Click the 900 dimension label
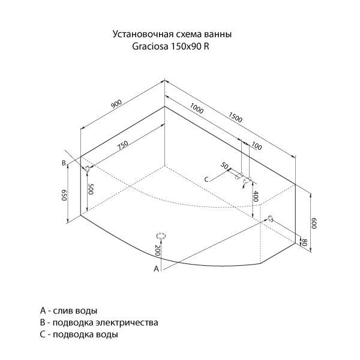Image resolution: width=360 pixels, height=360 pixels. tap(116, 104)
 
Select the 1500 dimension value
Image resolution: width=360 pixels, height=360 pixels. tap(235, 117)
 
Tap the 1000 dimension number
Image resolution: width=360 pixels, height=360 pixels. tap(197, 109)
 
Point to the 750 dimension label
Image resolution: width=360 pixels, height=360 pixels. tap(122, 145)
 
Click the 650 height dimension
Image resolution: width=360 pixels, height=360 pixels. tap(64, 195)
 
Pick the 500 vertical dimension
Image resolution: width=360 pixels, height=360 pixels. tap(91, 189)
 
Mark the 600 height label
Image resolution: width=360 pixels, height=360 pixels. tap(314, 223)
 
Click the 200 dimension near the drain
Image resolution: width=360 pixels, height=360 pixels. tap(157, 250)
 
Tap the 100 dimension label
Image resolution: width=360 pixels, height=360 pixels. tap(256, 146)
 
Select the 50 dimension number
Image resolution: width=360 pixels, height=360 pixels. tap(225, 166)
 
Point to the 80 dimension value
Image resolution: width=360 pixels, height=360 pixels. tap(304, 242)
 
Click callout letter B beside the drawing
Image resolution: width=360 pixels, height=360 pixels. tap(64, 163)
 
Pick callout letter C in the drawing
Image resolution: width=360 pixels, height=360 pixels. tap(206, 179)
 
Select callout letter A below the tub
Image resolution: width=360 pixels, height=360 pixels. tap(157, 268)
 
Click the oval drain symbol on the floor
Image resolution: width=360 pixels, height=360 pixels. tap(161, 236)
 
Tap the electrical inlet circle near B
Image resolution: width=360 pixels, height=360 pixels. tap(87, 169)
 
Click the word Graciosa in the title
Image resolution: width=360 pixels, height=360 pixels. tap(149, 47)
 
